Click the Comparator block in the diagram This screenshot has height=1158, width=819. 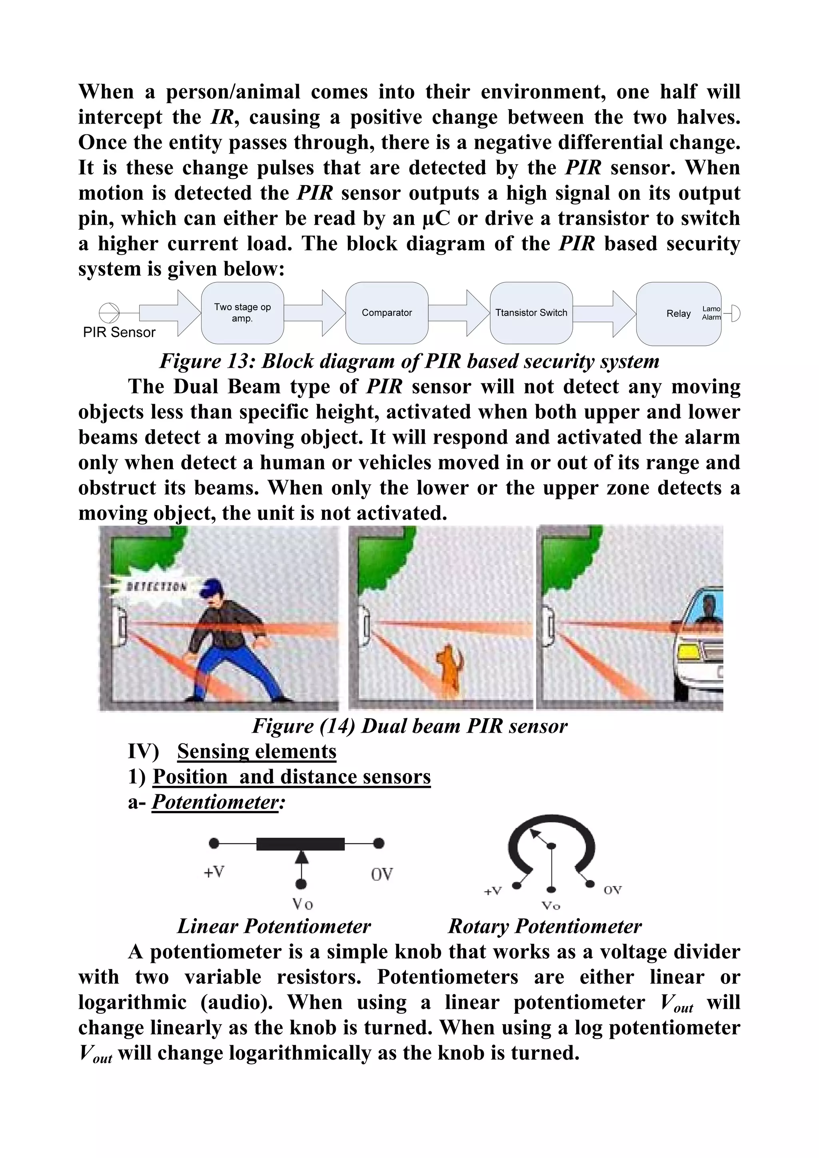point(387,313)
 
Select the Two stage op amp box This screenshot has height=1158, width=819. point(242,313)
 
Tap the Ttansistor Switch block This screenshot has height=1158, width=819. point(531,313)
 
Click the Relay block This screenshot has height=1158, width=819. point(678,314)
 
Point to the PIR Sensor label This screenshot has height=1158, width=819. point(119,332)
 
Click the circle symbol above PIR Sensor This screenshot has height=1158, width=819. point(108,313)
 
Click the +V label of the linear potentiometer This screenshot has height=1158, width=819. point(214,872)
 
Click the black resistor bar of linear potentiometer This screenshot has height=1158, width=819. point(300,843)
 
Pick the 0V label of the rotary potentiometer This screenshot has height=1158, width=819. point(612,890)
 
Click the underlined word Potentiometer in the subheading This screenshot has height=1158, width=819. point(215,802)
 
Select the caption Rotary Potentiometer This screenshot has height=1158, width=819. point(545,927)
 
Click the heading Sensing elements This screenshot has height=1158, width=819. point(256,751)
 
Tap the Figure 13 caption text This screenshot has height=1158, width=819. point(409,361)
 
